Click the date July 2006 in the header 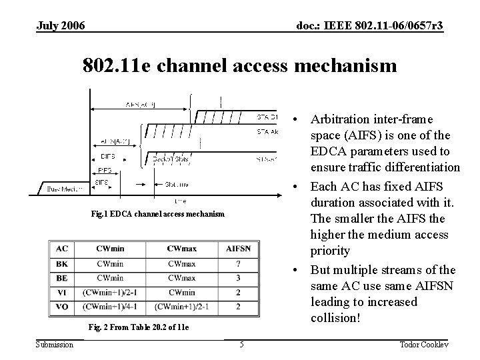61,25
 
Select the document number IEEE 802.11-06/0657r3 369,25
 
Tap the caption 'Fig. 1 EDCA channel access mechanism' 158,215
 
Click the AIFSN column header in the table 238,249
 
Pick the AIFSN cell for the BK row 238,263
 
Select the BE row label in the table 62,277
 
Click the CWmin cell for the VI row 109,292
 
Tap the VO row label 62,307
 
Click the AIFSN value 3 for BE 238,277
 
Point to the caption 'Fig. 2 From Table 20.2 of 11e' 139,328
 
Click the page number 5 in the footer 241,344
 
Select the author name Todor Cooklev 425,344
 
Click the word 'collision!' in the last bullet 336,318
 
